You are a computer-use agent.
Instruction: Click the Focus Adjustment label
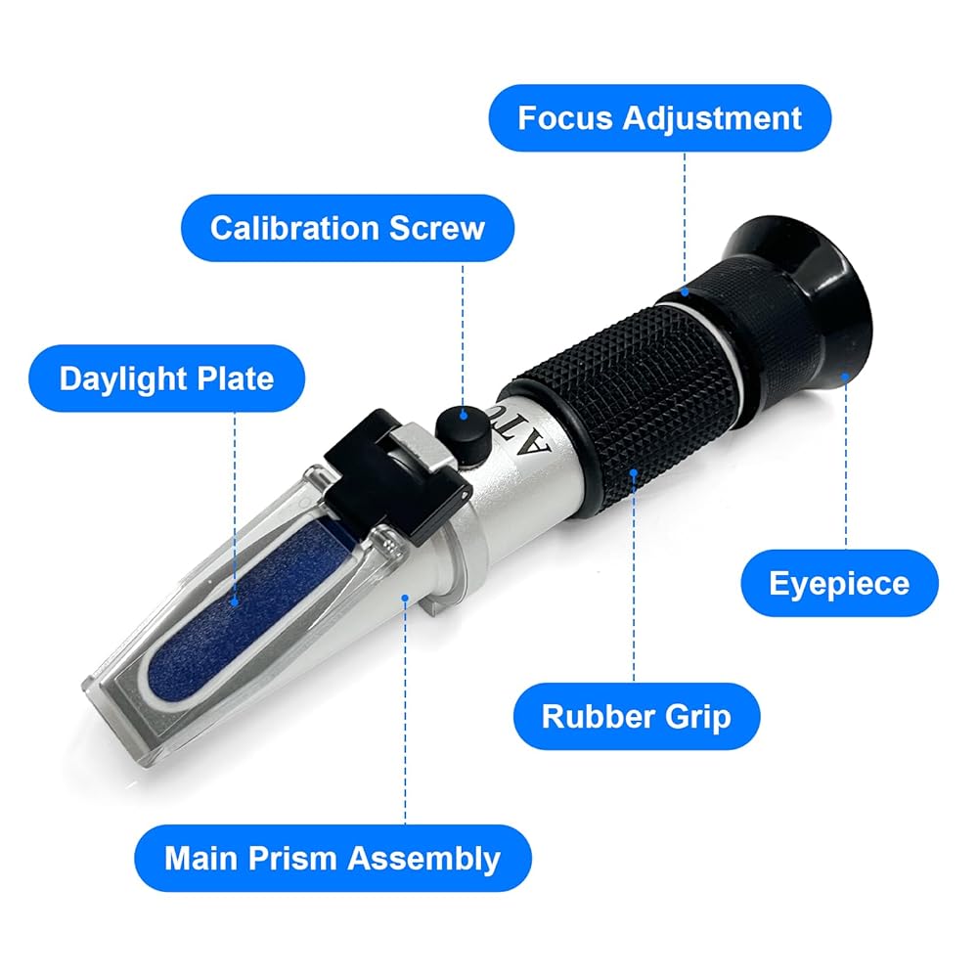point(659,118)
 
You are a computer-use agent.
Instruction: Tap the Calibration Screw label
point(347,228)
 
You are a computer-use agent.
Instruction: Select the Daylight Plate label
point(166,378)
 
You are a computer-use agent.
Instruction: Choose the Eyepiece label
point(839,583)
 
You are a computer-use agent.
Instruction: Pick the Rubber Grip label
point(637,716)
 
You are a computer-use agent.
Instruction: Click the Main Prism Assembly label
point(333,858)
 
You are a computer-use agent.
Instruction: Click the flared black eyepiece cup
point(805,305)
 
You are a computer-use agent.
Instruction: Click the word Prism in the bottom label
point(292,859)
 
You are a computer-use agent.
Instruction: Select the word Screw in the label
point(436,228)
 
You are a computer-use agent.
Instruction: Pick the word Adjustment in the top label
point(712,118)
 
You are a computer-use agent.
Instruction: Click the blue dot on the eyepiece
point(845,377)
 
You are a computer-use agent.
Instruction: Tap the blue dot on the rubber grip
point(634,472)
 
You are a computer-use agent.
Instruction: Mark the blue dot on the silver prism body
point(405,599)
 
